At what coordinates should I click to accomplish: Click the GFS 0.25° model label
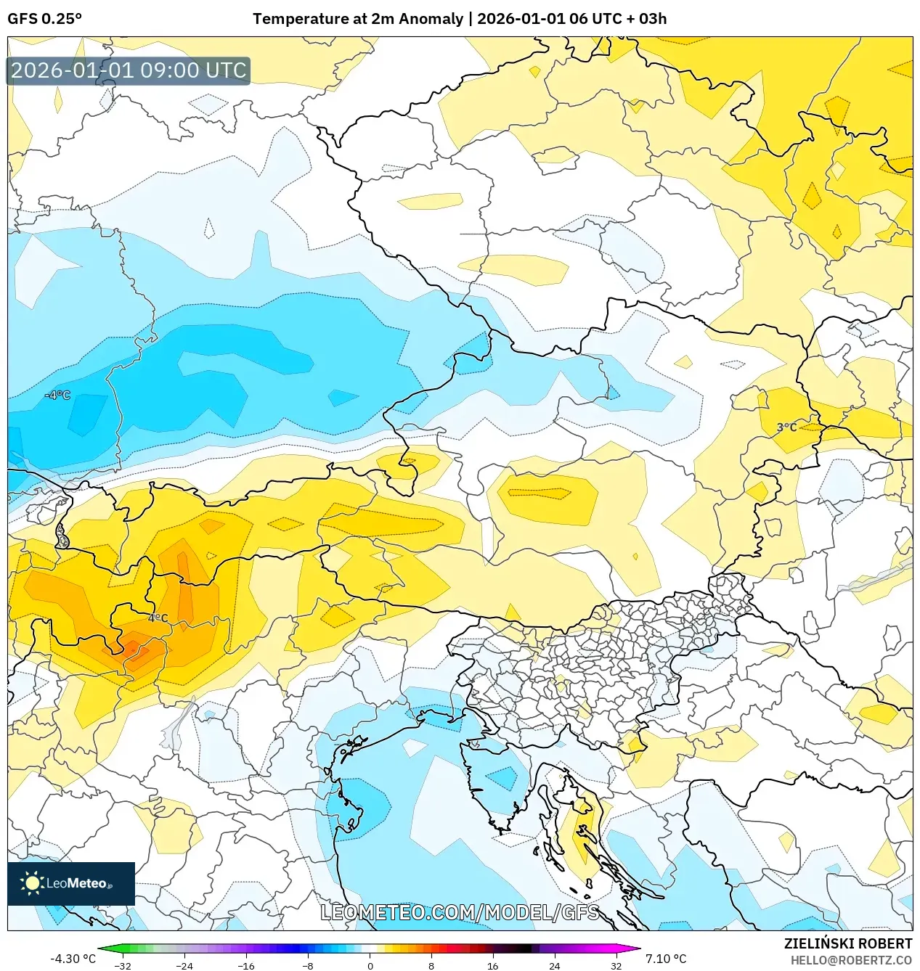click(x=44, y=18)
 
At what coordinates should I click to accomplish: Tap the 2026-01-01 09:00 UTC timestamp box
click(x=129, y=70)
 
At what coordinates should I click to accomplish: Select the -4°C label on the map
click(x=58, y=396)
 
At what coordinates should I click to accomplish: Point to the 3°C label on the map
click(x=786, y=427)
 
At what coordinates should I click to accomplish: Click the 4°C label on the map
click(x=158, y=618)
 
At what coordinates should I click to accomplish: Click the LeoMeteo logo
click(x=71, y=883)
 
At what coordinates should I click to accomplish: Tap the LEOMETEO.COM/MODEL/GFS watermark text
click(x=460, y=912)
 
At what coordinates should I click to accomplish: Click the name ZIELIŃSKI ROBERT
click(x=847, y=943)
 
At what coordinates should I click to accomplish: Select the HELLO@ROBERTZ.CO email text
click(x=851, y=960)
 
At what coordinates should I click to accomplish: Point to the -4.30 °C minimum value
click(x=73, y=959)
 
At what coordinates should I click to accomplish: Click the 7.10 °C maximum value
click(x=666, y=959)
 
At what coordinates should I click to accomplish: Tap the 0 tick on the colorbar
click(x=370, y=965)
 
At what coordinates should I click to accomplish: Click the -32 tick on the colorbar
click(x=123, y=965)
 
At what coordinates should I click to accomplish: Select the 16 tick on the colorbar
click(x=492, y=965)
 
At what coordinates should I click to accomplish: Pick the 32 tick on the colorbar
click(x=616, y=965)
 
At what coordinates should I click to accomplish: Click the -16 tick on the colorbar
click(x=246, y=965)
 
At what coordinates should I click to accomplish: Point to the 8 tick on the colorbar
click(x=431, y=965)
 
